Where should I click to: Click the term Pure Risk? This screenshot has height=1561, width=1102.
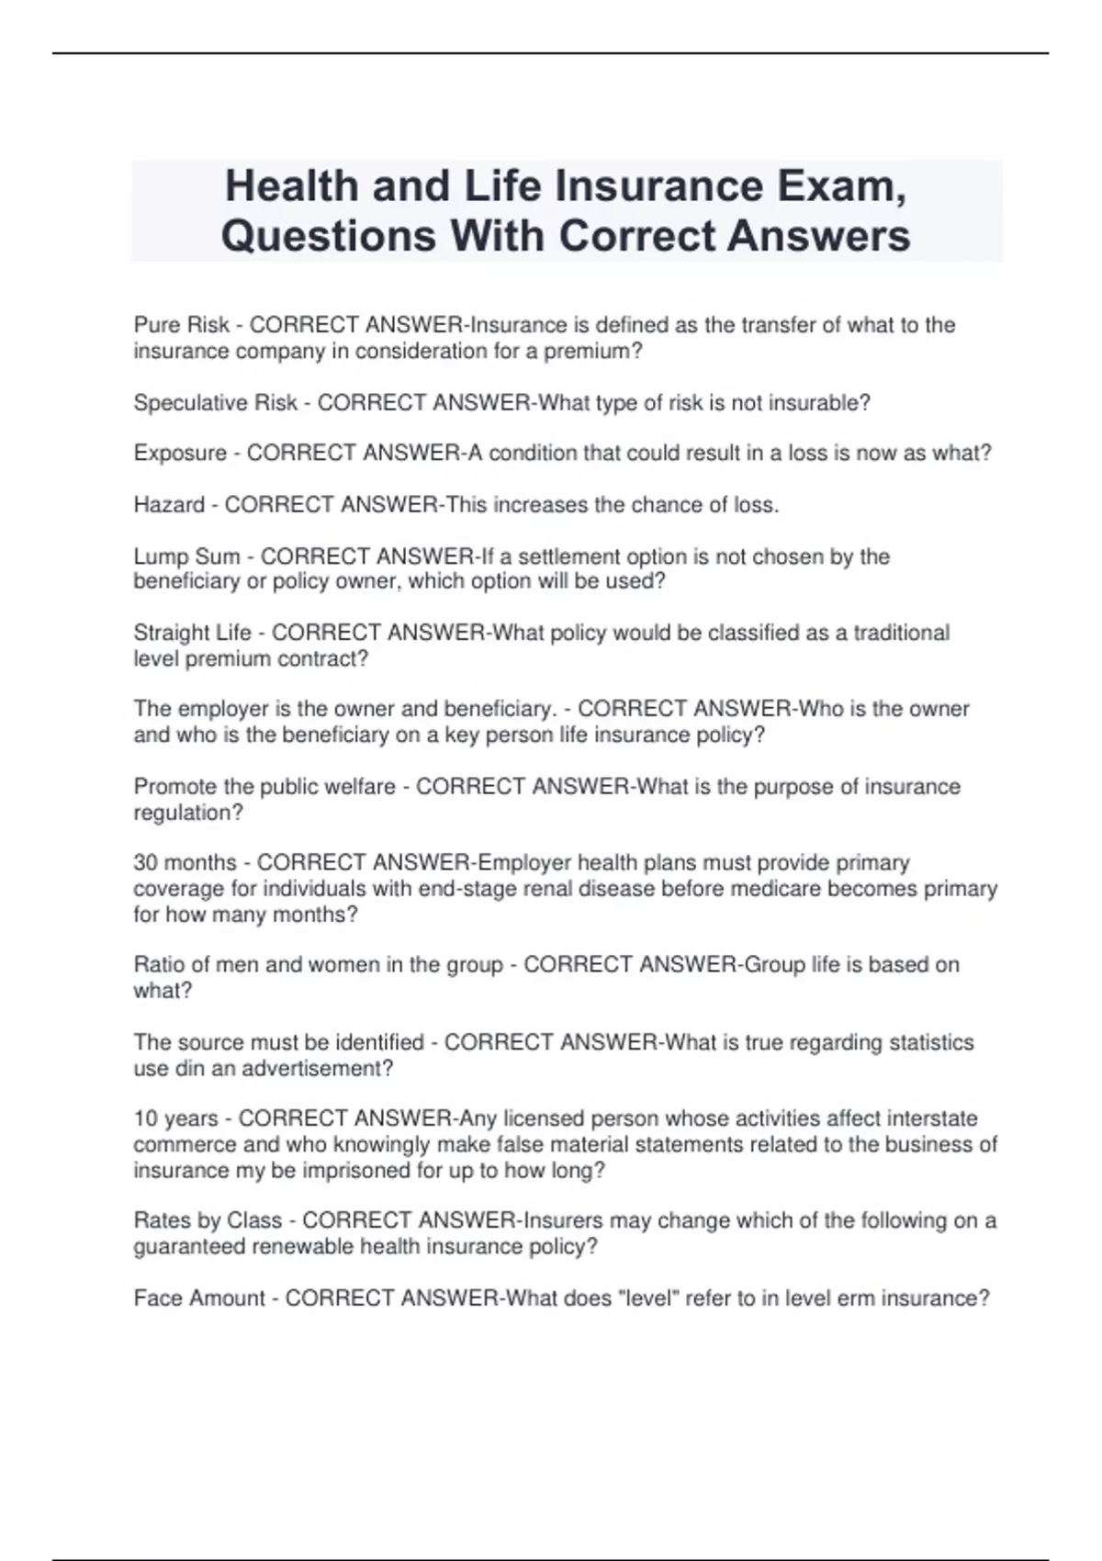(x=181, y=325)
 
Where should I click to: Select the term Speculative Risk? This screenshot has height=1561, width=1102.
(x=216, y=403)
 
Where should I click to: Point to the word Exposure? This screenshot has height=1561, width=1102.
(x=180, y=454)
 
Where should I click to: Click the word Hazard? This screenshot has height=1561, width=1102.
(x=169, y=505)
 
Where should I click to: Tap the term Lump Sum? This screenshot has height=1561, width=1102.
(x=186, y=556)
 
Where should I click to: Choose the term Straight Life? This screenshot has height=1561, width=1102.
(x=192, y=633)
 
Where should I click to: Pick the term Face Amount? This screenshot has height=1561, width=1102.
(x=199, y=1298)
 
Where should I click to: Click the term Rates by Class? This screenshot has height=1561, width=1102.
(x=208, y=1221)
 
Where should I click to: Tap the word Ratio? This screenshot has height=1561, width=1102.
(x=160, y=965)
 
